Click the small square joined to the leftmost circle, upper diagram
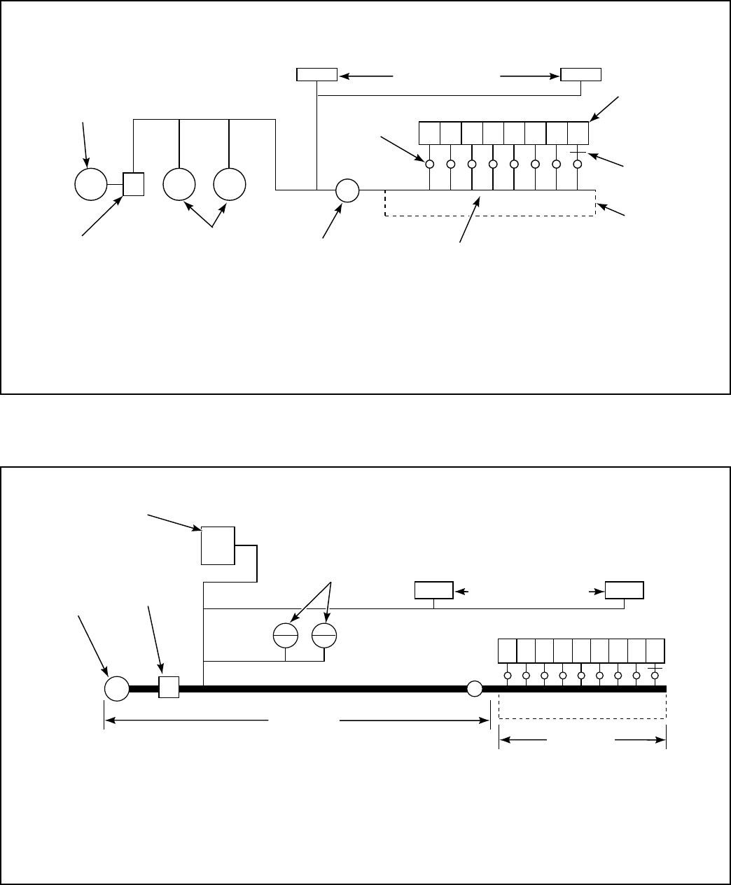click(x=133, y=184)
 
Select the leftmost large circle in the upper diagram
click(x=90, y=184)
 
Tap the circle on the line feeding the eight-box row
click(x=347, y=190)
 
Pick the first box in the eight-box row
click(x=429, y=132)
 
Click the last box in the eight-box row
click(x=578, y=132)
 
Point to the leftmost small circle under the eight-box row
click(x=429, y=164)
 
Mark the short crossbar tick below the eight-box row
click(x=578, y=152)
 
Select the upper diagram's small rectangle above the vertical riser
click(x=317, y=75)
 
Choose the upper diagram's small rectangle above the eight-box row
click(x=581, y=75)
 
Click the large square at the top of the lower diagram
click(x=218, y=545)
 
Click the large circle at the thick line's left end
click(x=116, y=688)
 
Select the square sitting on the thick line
click(x=169, y=688)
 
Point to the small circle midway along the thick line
click(x=475, y=688)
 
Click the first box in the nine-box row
click(x=507, y=651)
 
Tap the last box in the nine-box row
click(x=655, y=651)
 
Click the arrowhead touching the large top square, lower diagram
click(x=197, y=528)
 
